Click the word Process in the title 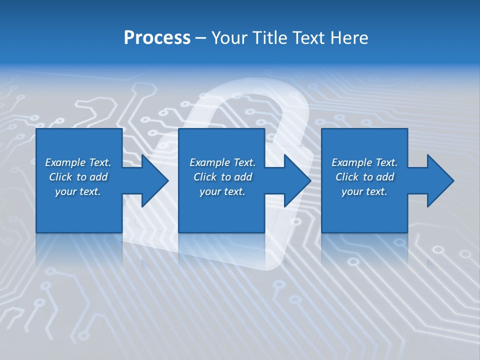[157, 38]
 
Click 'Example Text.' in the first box [78, 162]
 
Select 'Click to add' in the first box [78, 177]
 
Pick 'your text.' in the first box [78, 191]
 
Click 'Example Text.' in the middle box [222, 162]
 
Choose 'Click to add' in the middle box [222, 177]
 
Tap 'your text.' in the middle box [222, 191]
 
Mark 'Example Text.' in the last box [364, 162]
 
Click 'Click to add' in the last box [364, 177]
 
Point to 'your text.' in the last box [364, 191]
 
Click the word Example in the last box [351, 162]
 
